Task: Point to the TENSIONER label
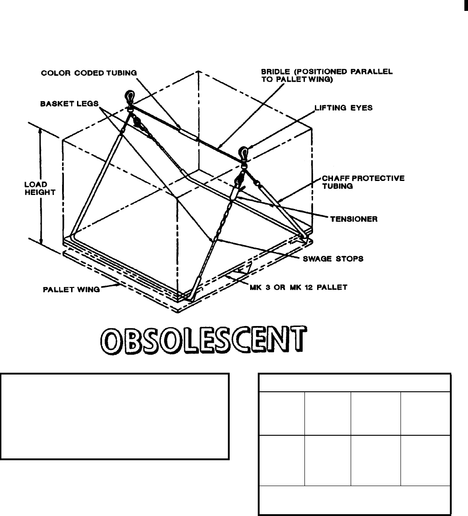point(354,219)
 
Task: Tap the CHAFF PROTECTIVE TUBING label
point(367,182)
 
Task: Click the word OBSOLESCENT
point(200,339)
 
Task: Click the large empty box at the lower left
point(114,416)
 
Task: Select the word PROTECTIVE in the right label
point(381,178)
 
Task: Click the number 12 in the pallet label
point(316,287)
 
